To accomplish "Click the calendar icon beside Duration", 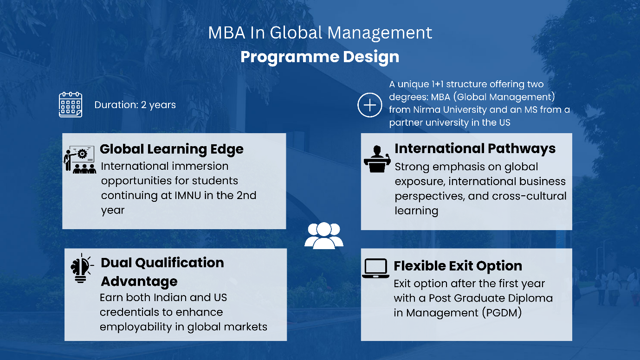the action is point(70,104).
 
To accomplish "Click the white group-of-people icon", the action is point(324,236).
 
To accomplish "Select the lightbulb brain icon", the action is point(82,268).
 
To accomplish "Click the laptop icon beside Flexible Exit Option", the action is point(375,268).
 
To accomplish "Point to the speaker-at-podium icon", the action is point(377,159).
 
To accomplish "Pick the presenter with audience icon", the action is point(80,160).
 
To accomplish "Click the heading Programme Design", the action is point(320,57).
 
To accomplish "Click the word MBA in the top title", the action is point(226,32).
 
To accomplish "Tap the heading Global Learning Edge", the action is point(172,149).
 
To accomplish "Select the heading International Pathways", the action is point(475,148).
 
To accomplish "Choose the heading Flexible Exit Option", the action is point(458,266).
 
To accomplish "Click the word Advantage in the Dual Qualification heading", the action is point(139,281).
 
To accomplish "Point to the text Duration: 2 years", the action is point(135,105).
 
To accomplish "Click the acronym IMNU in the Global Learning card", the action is point(187,196).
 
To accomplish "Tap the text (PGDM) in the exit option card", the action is point(502,313).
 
